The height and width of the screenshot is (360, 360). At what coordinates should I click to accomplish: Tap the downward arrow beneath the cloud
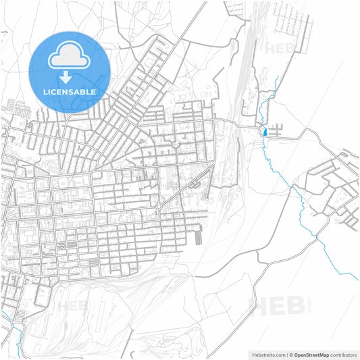[x=69, y=78]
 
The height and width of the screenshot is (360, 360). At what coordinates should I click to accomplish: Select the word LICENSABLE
[x=69, y=92]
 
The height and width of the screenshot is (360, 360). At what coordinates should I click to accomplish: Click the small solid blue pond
[x=265, y=132]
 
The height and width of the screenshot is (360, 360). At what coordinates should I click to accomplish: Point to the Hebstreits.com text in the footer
[x=262, y=354]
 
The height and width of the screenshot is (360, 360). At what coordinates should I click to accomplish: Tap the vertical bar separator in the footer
[x=287, y=354]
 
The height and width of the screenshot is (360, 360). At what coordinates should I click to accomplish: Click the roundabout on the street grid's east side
[x=159, y=206]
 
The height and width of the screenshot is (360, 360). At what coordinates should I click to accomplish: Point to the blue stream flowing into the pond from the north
[x=268, y=108]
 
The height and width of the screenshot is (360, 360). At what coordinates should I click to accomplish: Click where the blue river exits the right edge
[x=357, y=277]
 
